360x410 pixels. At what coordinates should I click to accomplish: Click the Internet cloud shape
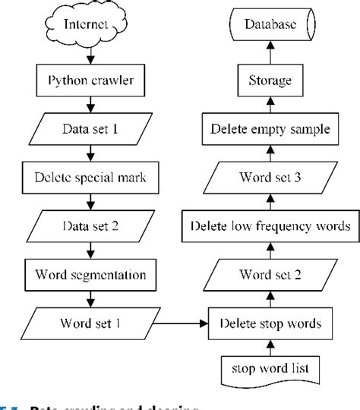[89, 26]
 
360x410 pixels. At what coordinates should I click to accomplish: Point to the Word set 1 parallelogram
[89, 323]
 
